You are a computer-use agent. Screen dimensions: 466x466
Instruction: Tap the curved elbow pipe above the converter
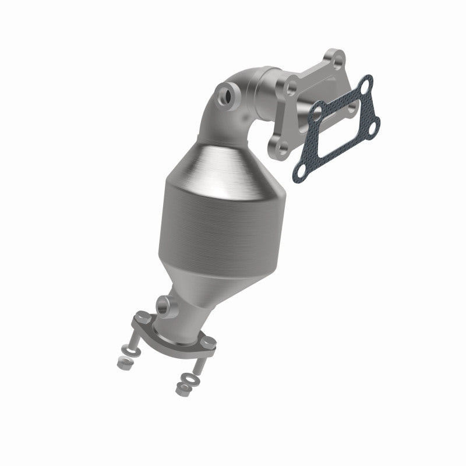[x=233, y=111]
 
